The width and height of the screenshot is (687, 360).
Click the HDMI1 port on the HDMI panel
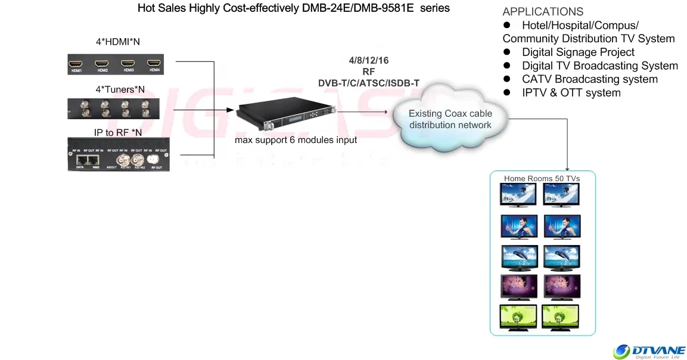tap(76, 63)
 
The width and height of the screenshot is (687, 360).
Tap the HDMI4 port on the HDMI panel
tap(155, 63)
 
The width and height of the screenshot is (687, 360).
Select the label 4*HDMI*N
tap(118, 42)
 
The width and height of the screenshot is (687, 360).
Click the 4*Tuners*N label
tap(120, 90)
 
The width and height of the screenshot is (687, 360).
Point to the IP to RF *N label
tap(118, 132)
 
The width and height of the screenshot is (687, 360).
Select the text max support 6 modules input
tap(296, 140)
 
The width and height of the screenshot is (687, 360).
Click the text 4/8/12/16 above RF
tap(368, 61)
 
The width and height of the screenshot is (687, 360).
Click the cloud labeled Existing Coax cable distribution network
tap(450, 119)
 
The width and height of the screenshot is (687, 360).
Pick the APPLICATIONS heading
tap(543, 12)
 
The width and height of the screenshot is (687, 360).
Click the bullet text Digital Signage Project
tap(578, 52)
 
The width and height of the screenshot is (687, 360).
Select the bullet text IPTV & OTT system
tap(571, 93)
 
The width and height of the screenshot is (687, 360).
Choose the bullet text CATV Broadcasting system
tap(589, 79)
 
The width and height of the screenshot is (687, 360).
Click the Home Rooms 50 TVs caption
tap(542, 178)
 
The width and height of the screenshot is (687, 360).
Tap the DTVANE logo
tap(649, 352)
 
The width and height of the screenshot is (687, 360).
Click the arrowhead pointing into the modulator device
tap(232, 110)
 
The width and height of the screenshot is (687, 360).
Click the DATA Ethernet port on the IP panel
tap(80, 160)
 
